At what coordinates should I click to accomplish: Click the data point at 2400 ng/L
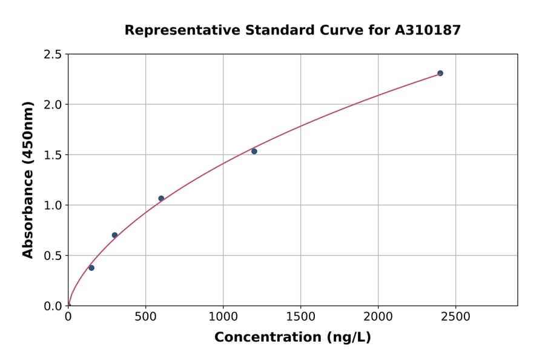point(440,73)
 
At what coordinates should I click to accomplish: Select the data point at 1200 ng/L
point(254,152)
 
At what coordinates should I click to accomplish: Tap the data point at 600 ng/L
point(161,198)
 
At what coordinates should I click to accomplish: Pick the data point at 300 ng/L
point(114,235)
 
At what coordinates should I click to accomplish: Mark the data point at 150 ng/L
point(91,268)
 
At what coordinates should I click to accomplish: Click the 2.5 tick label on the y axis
point(53,55)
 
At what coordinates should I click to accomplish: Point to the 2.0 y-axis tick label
point(53,105)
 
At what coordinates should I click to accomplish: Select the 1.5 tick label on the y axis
point(53,155)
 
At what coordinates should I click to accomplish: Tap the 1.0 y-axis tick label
point(53,205)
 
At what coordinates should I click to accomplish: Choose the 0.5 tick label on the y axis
point(53,256)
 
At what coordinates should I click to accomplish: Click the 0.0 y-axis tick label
point(53,306)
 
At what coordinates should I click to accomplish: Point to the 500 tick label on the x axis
point(145,317)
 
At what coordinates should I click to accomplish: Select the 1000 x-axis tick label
point(223,317)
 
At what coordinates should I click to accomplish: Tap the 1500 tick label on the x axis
point(300,317)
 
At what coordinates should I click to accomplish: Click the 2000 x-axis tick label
point(378,317)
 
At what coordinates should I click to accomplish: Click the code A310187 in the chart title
point(428,30)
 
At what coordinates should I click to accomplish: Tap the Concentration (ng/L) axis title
point(292,338)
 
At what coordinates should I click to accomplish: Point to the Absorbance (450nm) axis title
point(28,180)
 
